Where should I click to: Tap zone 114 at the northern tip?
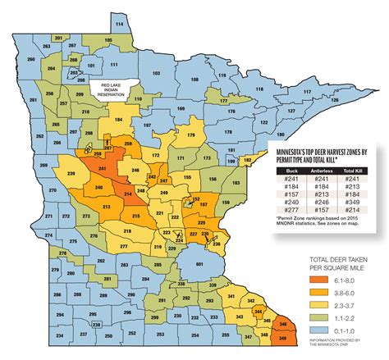(121, 25)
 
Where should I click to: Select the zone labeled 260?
(31, 60)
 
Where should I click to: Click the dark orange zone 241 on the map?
(102, 168)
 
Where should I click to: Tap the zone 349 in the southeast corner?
(284, 335)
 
